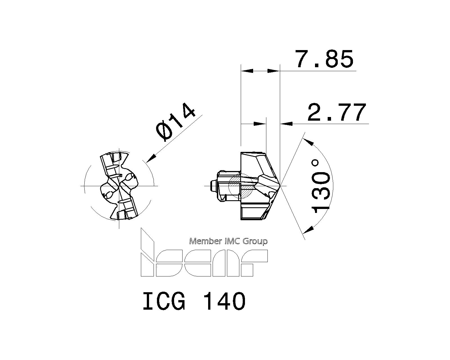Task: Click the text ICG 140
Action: (x=194, y=301)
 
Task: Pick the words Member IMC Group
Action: (x=228, y=241)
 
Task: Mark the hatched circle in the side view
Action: (x=240, y=186)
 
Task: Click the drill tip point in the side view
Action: (x=280, y=186)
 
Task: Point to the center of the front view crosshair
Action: (x=119, y=186)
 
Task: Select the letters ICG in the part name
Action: (x=164, y=301)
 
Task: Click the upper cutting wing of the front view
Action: (x=112, y=163)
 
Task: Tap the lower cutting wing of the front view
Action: (x=127, y=210)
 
